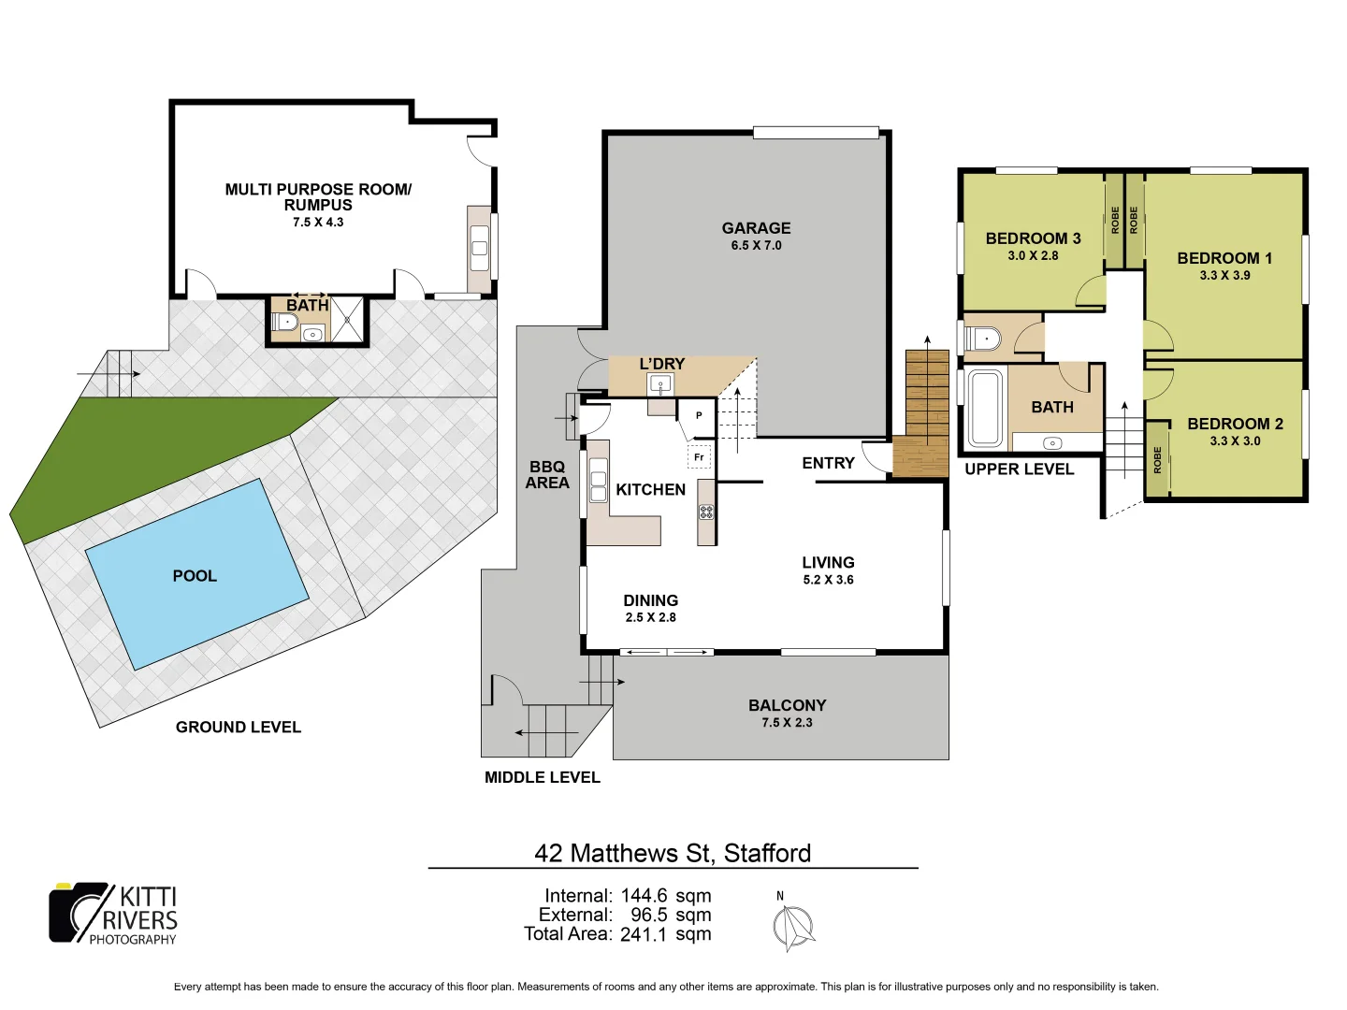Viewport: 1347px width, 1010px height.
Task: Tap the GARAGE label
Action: point(756,228)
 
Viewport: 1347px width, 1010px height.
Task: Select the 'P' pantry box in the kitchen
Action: point(699,416)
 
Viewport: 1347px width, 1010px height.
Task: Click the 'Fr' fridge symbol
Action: point(699,457)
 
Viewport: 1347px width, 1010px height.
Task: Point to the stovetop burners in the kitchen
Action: point(706,512)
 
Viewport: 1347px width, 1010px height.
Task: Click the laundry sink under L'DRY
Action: point(660,383)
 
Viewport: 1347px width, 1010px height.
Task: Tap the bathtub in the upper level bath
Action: point(984,409)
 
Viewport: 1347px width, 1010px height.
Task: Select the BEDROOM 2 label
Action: point(1235,424)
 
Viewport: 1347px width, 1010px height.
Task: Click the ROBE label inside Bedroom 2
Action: point(1157,459)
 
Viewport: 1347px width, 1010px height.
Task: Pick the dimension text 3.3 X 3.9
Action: point(1224,275)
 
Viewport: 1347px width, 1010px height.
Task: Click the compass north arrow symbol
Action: point(793,928)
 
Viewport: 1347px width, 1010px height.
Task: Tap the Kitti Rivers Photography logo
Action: point(113,914)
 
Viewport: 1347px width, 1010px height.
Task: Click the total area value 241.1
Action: point(644,934)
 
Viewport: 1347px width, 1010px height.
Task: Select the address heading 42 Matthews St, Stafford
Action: point(673,853)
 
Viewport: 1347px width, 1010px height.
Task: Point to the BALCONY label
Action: point(787,705)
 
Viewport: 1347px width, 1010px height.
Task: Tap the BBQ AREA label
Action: point(547,474)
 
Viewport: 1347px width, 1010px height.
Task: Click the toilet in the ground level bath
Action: point(286,323)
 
